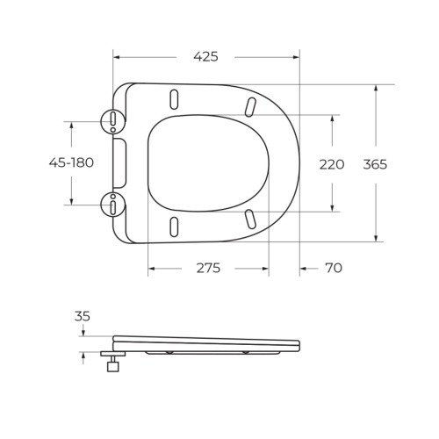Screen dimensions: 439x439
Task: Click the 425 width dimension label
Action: click(205, 56)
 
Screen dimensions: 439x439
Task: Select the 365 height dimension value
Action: click(375, 164)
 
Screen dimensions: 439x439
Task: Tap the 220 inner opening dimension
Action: click(331, 164)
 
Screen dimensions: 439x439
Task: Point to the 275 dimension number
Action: click(207, 268)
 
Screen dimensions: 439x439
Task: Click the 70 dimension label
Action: click(333, 268)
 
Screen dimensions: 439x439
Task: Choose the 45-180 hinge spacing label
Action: click(71, 162)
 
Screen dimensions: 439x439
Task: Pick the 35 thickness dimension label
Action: click(83, 316)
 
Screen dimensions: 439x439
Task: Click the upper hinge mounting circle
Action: click(114, 119)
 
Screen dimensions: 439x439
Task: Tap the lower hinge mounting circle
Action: click(114, 205)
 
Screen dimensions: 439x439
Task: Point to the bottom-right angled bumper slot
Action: click(251, 218)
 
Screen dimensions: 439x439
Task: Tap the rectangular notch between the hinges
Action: click(120, 162)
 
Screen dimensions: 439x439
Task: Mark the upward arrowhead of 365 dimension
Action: click(377, 88)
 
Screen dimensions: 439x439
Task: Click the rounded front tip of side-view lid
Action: click(298, 345)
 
